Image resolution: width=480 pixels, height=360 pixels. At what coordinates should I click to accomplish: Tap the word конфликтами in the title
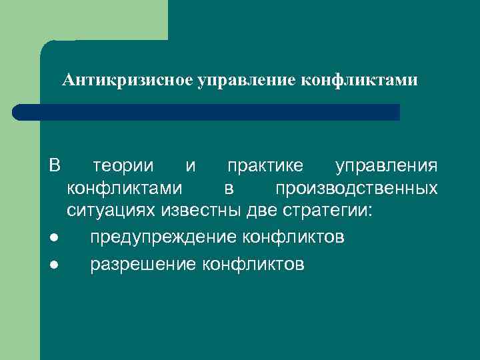pos(360,81)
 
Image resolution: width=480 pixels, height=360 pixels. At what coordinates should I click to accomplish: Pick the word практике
pos(264,165)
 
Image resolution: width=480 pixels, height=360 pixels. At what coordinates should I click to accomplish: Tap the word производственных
pos(357,188)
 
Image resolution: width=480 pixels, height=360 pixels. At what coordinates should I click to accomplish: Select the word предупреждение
pos(163,237)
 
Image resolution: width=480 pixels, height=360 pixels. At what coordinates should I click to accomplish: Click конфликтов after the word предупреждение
pos(293,237)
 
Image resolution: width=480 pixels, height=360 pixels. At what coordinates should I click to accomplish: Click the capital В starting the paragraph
pos(55,165)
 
